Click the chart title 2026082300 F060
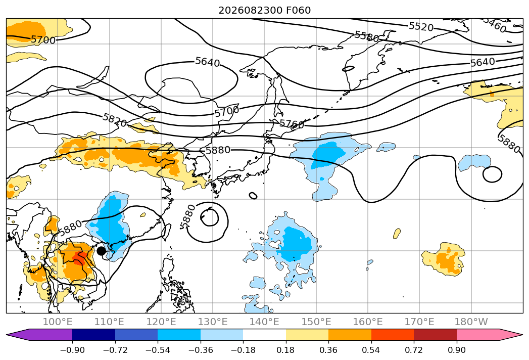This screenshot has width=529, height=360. (265, 10)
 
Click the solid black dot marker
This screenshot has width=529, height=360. (101, 251)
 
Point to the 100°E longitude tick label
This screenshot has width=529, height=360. (58, 322)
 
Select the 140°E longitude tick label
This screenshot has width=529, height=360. (264, 322)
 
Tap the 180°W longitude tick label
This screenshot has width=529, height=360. (471, 322)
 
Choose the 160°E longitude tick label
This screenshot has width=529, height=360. (368, 322)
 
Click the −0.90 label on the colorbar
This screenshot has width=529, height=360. (72, 350)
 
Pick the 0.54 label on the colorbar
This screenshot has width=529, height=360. (371, 350)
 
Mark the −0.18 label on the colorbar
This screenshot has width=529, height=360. (243, 350)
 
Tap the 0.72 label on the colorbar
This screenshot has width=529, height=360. (414, 350)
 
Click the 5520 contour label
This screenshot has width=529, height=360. (421, 26)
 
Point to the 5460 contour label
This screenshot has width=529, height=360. (495, 24)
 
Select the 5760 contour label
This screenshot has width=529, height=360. (292, 124)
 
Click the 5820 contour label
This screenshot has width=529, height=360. (115, 120)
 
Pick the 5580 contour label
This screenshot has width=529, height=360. (367, 36)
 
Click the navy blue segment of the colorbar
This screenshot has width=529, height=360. (94, 335)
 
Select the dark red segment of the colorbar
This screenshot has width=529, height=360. (435, 335)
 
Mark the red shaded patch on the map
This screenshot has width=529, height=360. (79, 258)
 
